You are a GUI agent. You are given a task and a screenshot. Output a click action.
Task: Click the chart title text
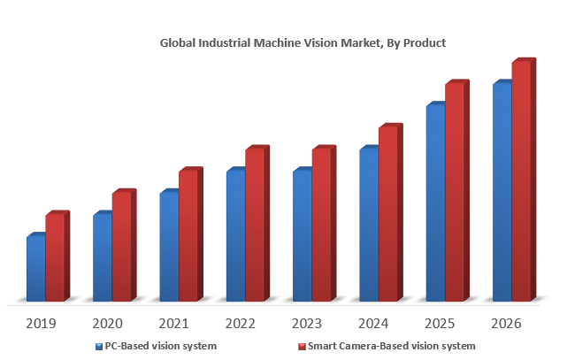tap(303, 42)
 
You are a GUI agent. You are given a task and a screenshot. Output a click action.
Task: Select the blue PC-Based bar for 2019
tap(35, 269)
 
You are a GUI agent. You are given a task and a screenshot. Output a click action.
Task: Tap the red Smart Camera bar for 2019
tap(55, 257)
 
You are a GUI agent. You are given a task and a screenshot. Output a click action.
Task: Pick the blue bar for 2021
tap(169, 247)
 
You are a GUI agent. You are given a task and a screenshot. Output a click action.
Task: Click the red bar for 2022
tap(255, 225)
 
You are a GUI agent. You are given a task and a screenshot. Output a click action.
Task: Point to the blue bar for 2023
tap(302, 235)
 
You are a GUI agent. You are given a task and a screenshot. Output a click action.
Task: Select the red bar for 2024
tap(387, 214)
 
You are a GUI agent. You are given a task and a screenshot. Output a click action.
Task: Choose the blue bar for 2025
tap(435, 203)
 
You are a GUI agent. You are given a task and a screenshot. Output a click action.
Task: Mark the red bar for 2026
tap(521, 181)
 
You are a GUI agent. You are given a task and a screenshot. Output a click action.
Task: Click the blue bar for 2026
tap(502, 192)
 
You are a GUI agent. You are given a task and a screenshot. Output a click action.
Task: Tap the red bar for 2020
tap(121, 247)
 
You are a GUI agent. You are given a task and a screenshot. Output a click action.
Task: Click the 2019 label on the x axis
tap(42, 324)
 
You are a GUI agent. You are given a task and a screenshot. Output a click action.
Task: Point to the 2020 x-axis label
tap(108, 324)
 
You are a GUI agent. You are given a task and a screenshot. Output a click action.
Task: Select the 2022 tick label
tap(241, 324)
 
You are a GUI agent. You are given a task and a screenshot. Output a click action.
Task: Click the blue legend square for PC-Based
tap(98, 346)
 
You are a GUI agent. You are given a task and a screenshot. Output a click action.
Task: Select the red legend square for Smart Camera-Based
tap(301, 346)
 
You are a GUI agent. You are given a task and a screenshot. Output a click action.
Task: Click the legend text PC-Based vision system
tap(161, 346)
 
